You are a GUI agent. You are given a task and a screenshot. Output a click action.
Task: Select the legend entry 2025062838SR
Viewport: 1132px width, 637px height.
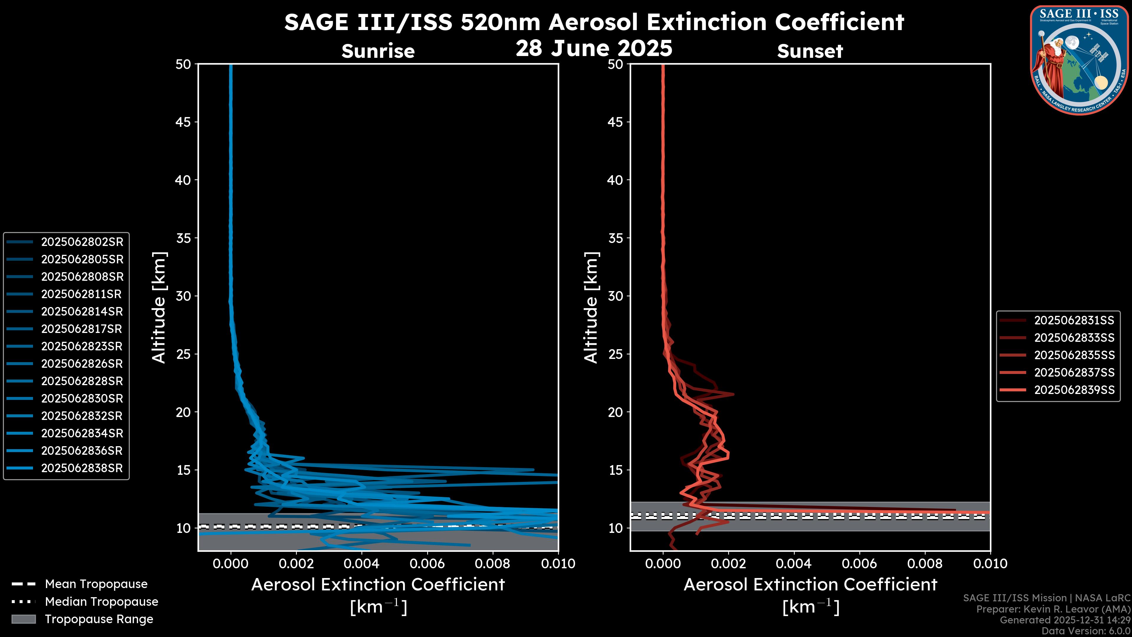82,468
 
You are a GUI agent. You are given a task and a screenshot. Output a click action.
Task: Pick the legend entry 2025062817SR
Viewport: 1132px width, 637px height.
81,329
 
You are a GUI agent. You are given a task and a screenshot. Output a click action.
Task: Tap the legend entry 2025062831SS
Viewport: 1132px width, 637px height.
1074,321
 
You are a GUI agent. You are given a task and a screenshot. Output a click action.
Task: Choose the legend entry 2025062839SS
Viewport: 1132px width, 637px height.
1074,390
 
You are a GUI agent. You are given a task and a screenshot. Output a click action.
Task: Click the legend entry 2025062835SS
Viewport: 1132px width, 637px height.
1074,355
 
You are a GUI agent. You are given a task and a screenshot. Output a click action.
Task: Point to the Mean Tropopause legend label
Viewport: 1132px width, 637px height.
96,584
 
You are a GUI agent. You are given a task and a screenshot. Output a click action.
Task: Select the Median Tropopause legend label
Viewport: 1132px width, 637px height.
101,602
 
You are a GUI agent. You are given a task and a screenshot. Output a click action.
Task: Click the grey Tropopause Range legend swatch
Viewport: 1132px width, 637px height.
23,619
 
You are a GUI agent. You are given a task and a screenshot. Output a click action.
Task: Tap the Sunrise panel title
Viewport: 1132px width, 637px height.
378,51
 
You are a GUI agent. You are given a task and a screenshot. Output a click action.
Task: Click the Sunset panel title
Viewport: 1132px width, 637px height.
810,51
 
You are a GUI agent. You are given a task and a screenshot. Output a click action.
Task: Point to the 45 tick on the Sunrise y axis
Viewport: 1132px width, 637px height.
183,122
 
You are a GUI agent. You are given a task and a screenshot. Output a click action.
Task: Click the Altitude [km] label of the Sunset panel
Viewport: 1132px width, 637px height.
591,308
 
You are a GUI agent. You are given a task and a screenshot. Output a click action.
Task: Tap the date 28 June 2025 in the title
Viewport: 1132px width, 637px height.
594,48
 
